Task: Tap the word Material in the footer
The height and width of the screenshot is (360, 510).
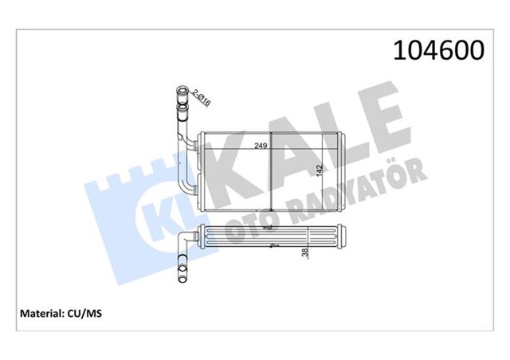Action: coord(37,314)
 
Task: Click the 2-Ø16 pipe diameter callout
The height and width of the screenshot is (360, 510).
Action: coord(202,99)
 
